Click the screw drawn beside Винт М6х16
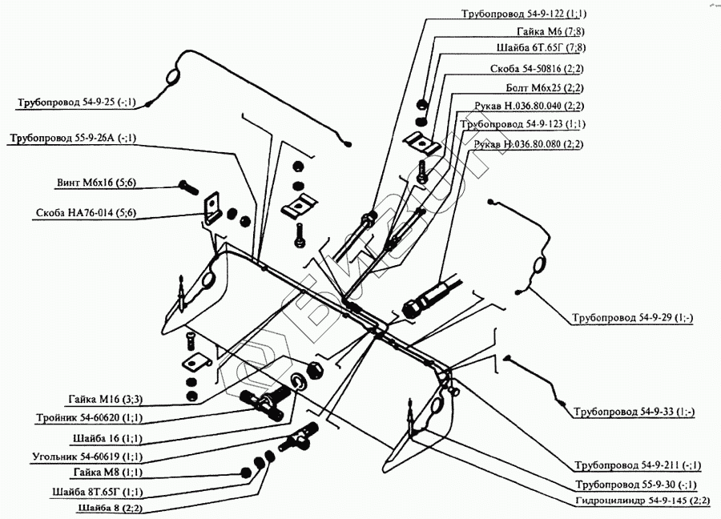point(187,186)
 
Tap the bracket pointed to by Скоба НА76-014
point(212,207)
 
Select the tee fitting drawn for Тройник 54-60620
point(264,404)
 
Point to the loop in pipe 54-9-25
point(173,76)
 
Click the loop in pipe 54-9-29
point(539,266)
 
